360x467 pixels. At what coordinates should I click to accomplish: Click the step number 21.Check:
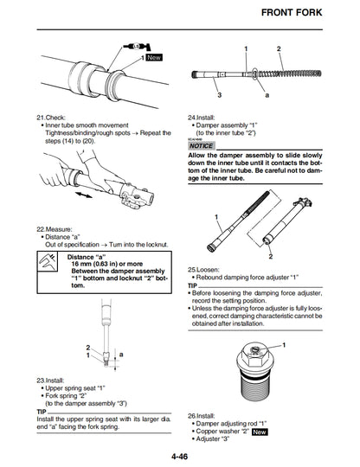(51, 118)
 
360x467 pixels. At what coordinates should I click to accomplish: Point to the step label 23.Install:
(53, 380)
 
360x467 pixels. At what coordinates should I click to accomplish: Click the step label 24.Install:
(204, 118)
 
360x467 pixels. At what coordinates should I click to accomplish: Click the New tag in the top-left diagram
(154, 57)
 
